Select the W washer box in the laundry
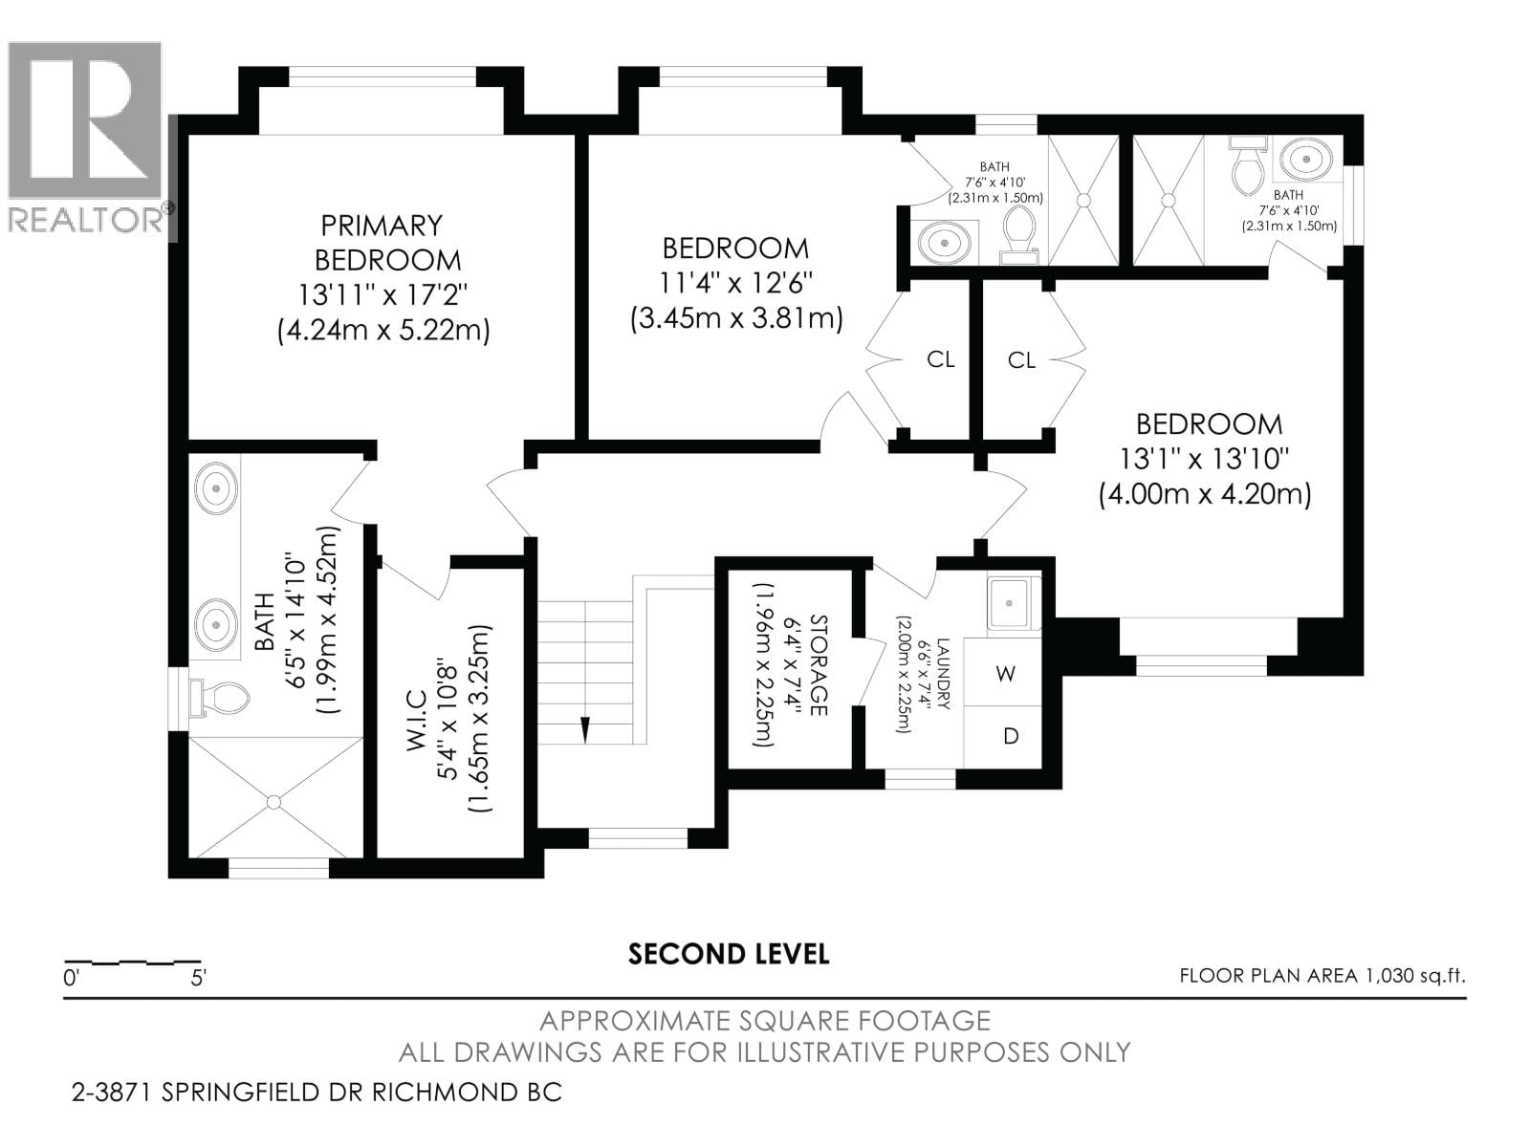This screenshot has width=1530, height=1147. [1003, 673]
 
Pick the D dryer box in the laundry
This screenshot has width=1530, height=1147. [1003, 737]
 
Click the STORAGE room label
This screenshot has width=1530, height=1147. [819, 665]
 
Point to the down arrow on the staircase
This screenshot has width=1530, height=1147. [585, 729]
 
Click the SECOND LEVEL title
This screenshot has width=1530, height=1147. [729, 954]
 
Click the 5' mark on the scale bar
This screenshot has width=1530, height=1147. [199, 979]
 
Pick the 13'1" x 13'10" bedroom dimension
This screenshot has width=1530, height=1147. [1205, 460]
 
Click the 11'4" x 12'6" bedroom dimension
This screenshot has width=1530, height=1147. [736, 284]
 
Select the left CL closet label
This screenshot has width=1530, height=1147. [940, 359]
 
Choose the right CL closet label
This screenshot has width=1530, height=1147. [1021, 360]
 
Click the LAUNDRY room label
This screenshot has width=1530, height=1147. [943, 674]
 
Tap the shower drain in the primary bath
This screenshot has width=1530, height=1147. [273, 802]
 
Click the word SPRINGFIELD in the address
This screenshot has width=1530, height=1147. [253, 1092]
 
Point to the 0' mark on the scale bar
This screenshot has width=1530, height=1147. [71, 979]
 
